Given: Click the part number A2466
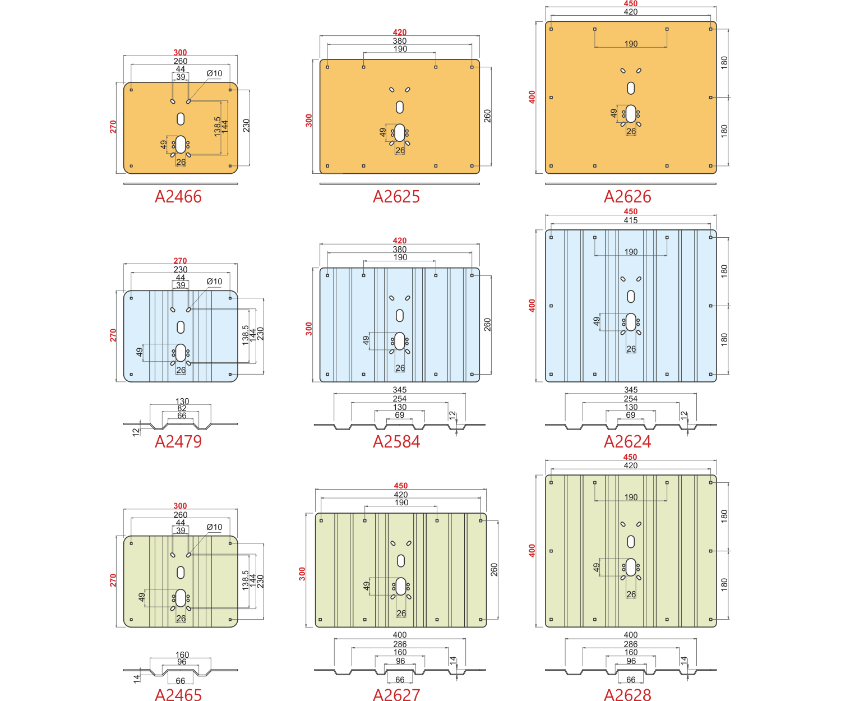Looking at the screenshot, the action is click(x=178, y=197).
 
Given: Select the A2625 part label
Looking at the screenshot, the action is click(x=396, y=197).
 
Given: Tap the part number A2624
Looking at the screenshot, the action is click(x=627, y=441).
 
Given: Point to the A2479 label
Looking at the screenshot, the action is click(x=178, y=441).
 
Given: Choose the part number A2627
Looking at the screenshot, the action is click(x=396, y=694).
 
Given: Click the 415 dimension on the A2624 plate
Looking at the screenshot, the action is click(x=630, y=220).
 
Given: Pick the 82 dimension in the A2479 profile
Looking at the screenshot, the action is click(x=182, y=408).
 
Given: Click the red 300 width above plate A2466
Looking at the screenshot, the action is click(x=180, y=52).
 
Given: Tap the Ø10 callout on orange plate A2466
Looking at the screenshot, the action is click(x=214, y=73).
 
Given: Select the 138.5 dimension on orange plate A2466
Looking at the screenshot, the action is click(x=218, y=127).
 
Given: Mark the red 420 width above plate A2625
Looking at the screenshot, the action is click(x=400, y=32).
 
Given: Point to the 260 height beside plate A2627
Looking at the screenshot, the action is click(x=494, y=569).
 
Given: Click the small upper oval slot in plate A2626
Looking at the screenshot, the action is click(x=631, y=88).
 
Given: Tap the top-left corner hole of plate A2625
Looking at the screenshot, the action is click(x=327, y=67).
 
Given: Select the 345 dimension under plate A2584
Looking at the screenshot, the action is click(x=400, y=390).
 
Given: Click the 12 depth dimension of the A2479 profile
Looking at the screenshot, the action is click(x=136, y=432).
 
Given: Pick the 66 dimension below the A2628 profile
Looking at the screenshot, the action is click(x=631, y=680).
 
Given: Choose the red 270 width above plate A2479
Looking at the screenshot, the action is click(x=180, y=261).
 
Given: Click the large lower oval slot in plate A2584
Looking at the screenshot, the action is click(x=400, y=341).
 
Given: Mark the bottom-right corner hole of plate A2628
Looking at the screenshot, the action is click(x=710, y=620).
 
